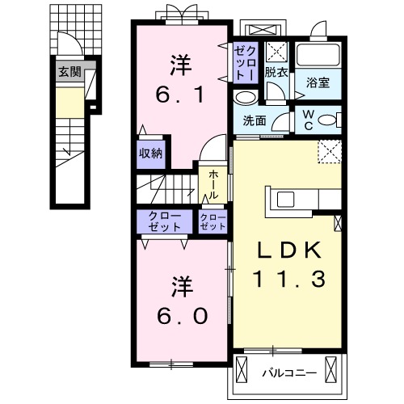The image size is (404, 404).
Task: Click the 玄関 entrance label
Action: [69, 72]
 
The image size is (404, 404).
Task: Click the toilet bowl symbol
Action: [328, 120]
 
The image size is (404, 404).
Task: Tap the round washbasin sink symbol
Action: [244, 98]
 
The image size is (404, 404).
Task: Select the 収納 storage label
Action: [150, 153]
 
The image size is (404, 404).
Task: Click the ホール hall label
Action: [213, 184]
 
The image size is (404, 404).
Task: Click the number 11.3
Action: [288, 280]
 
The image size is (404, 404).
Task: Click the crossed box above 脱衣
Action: [277, 51]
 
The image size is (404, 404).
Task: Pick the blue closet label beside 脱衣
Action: [245, 61]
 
